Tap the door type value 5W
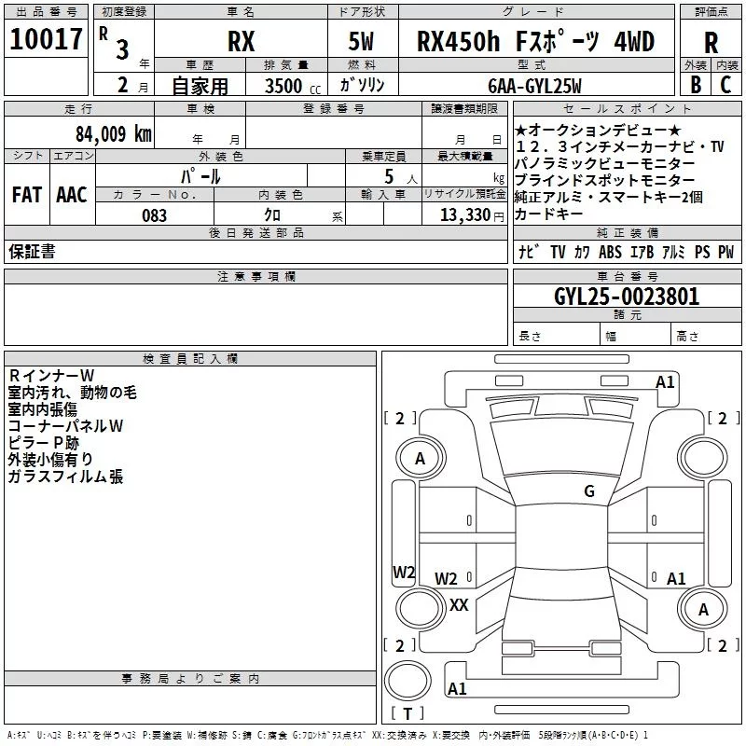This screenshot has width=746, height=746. point(361,42)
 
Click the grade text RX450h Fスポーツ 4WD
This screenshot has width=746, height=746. point(535,41)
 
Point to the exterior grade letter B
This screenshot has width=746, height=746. point(695,84)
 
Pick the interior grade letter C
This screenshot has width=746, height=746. point(725,84)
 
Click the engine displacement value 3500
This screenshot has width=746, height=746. point(284,86)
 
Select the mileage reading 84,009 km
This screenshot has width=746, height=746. point(113,133)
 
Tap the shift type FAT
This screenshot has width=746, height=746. point(27,194)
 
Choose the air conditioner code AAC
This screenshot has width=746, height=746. point(72,194)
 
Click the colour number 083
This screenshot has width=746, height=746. point(155,215)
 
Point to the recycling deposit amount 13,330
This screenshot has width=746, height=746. point(463,215)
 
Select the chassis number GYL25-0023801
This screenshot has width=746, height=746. point(626,297)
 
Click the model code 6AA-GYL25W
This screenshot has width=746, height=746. point(535,86)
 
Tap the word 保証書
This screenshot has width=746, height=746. point(32,252)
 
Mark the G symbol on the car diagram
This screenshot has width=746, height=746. point(589,491)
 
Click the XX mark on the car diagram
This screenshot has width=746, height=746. point(459,605)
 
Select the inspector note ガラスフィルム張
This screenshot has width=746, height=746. point(65,477)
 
